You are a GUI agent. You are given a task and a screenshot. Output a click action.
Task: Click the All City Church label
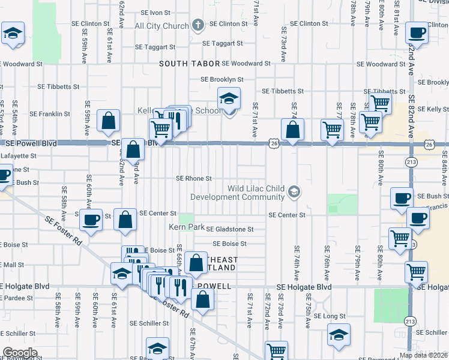click(161, 26)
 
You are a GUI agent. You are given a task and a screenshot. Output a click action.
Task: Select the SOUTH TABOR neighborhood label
click(188, 64)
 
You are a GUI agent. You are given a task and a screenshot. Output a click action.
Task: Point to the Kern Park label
click(187, 227)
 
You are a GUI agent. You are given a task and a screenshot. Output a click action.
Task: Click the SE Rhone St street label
click(194, 179)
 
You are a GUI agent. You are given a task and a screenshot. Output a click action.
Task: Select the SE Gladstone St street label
click(231, 229)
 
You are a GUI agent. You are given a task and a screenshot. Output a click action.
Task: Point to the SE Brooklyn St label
click(222, 79)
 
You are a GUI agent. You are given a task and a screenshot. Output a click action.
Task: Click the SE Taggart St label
click(222, 44)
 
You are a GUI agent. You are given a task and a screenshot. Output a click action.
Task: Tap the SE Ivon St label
click(156, 13)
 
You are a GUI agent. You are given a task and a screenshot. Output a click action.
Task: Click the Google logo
click(20, 353)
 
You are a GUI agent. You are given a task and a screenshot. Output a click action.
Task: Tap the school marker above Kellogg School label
click(228, 98)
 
